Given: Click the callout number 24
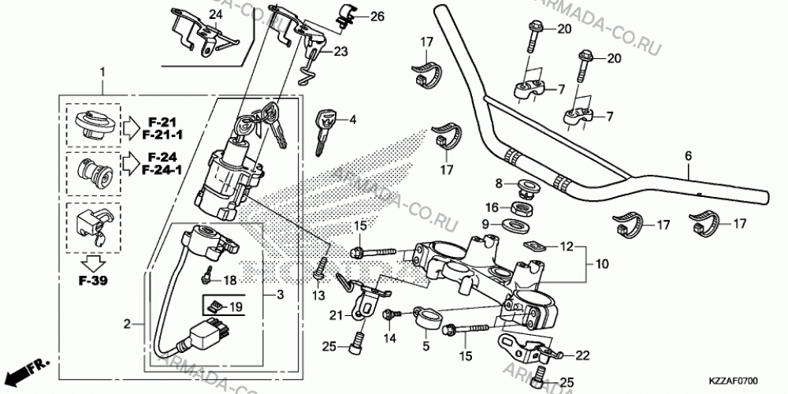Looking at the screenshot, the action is (215, 15).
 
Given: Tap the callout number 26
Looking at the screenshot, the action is (377, 17).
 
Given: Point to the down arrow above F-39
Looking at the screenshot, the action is (95, 263).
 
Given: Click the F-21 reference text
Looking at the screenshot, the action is (163, 121).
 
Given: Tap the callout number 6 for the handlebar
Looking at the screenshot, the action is (688, 156).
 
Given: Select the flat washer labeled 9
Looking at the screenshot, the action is (515, 223).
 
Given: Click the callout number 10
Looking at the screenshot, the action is (601, 264).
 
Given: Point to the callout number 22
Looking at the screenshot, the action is (582, 356).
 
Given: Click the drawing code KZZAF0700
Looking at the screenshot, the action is (734, 381).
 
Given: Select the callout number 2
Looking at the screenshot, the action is (127, 324).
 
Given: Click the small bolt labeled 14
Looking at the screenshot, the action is (391, 314).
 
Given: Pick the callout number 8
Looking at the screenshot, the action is (499, 184).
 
